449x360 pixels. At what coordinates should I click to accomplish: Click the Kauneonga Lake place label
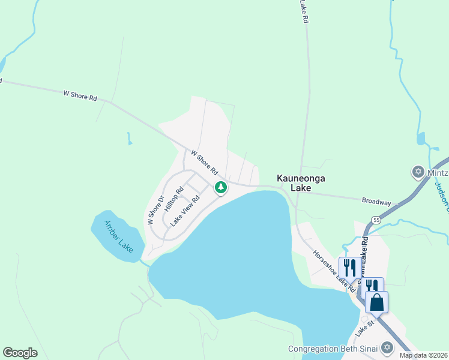[294, 183]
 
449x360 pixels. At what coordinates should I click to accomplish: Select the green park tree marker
[221, 188]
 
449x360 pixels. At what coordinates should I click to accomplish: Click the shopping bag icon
[376, 302]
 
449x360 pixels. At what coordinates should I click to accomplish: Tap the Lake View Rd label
[184, 210]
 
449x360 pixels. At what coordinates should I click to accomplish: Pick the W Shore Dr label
[155, 210]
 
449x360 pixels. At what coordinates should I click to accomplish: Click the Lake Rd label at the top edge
[305, 11]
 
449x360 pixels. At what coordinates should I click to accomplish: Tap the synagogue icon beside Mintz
[418, 172]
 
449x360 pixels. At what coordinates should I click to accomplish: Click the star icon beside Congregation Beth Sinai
[387, 348]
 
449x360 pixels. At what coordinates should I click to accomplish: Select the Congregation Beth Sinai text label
[333, 349]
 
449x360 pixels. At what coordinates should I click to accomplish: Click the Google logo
[20, 353]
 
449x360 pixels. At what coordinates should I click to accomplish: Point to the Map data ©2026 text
[423, 355]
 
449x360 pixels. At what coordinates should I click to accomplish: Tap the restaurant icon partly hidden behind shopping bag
[371, 286]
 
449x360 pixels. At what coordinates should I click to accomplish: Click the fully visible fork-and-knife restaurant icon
[349, 268]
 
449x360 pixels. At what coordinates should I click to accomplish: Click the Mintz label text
[438, 172]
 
